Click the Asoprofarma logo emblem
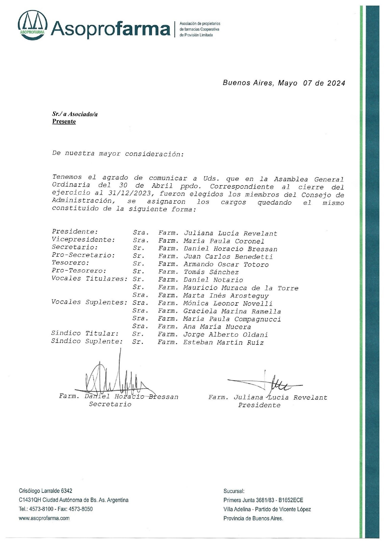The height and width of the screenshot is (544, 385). click(x=33, y=25)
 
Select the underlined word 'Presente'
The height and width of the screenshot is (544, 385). click(x=64, y=121)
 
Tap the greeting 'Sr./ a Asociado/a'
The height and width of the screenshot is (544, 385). click(x=75, y=114)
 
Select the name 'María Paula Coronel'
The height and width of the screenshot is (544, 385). click(x=224, y=241)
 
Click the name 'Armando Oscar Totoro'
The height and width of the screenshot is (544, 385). click(x=226, y=264)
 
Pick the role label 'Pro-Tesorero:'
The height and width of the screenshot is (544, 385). click(x=79, y=271)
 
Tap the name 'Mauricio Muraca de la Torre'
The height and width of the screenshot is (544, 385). click(x=241, y=288)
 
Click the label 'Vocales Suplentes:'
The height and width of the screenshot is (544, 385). click(x=89, y=302)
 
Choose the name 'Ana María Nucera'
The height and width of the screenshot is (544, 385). click(x=217, y=327)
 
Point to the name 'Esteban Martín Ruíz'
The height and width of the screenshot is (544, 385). click(x=223, y=343)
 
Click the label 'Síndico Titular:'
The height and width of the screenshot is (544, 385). click(x=85, y=333)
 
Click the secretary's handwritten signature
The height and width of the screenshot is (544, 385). click(x=115, y=377)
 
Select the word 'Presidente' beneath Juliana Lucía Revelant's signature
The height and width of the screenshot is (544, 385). click(x=259, y=405)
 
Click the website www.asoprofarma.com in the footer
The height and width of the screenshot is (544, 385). click(x=44, y=518)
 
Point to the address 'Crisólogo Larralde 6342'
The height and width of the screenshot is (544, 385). click(x=45, y=491)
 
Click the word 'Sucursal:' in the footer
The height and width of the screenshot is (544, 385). click(x=234, y=491)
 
